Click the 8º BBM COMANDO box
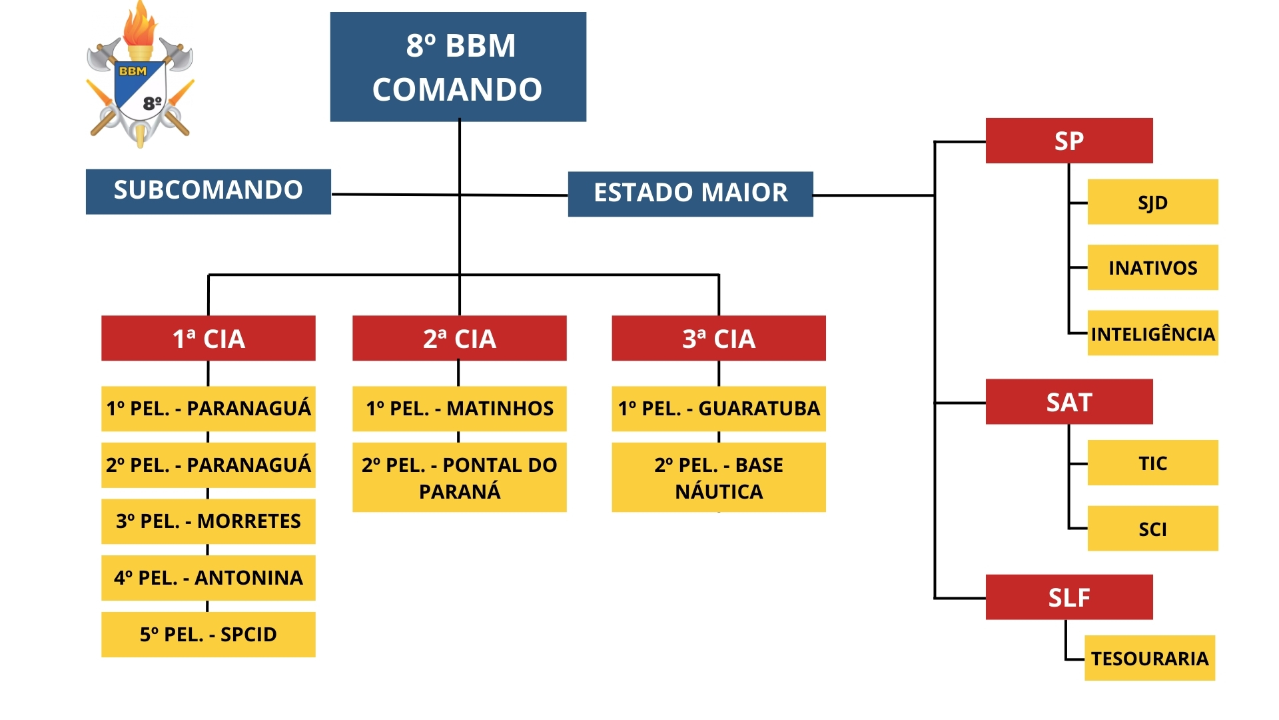(458, 67)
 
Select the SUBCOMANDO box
(208, 191)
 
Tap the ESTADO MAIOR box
(690, 194)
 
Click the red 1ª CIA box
(208, 338)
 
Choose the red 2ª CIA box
(459, 338)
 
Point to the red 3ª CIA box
(718, 338)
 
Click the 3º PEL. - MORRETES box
(208, 521)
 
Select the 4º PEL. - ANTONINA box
(208, 578)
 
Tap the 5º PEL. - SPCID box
(208, 635)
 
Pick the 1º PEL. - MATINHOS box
(459, 409)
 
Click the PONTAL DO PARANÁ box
(459, 477)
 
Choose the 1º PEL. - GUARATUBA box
(718, 409)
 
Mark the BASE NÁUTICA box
(718, 477)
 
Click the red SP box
(1068, 141)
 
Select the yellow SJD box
(1152, 202)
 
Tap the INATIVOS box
(1152, 267)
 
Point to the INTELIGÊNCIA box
(1152, 333)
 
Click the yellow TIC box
(1152, 463)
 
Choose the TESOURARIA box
(1149, 658)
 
